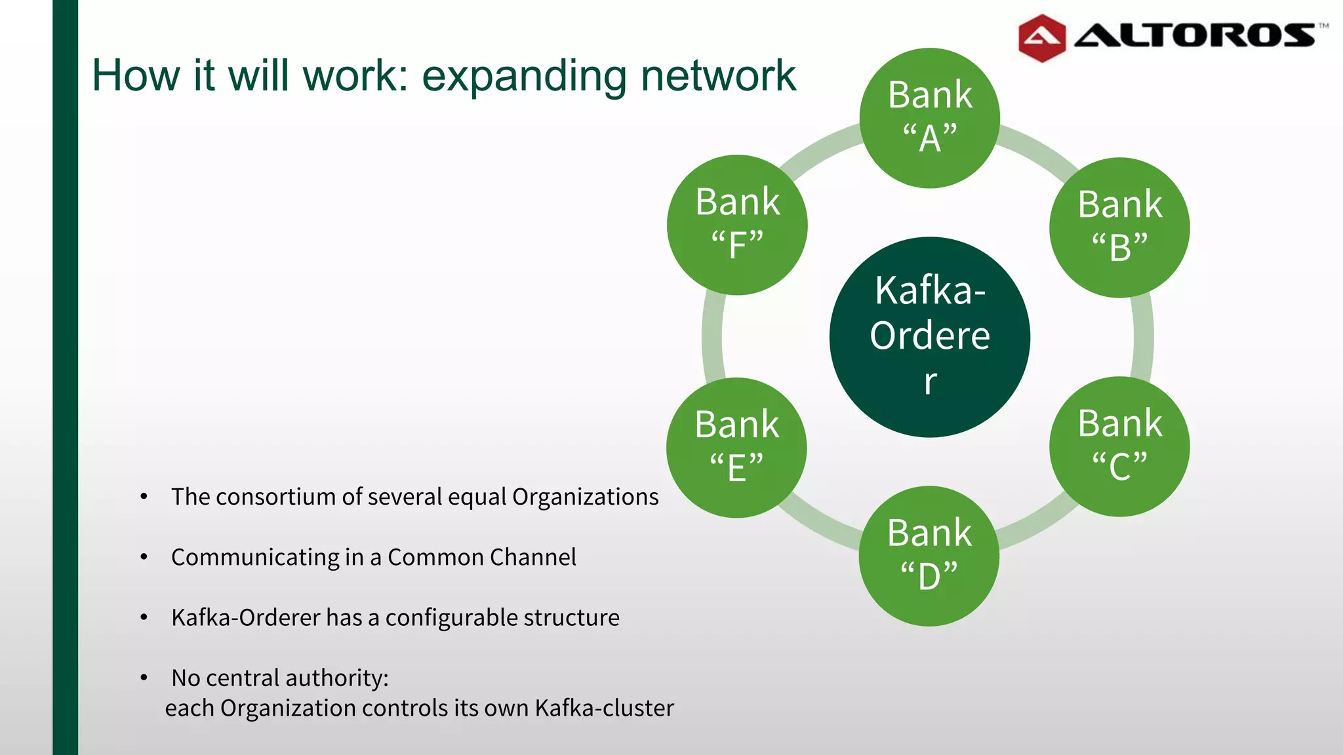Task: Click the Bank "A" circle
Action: tap(929, 118)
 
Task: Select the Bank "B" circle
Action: tap(1119, 227)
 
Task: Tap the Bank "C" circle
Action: tap(1119, 446)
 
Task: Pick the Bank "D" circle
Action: tap(929, 556)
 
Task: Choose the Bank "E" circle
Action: tap(736, 448)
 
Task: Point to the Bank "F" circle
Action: tap(737, 225)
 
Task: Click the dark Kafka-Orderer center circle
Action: tap(929, 337)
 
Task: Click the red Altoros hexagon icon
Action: tap(1041, 38)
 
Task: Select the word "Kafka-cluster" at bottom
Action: tap(604, 708)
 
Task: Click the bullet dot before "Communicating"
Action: tap(144, 557)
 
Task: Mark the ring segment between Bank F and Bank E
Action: tap(712, 337)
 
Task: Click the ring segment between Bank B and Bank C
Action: tap(1142, 337)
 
